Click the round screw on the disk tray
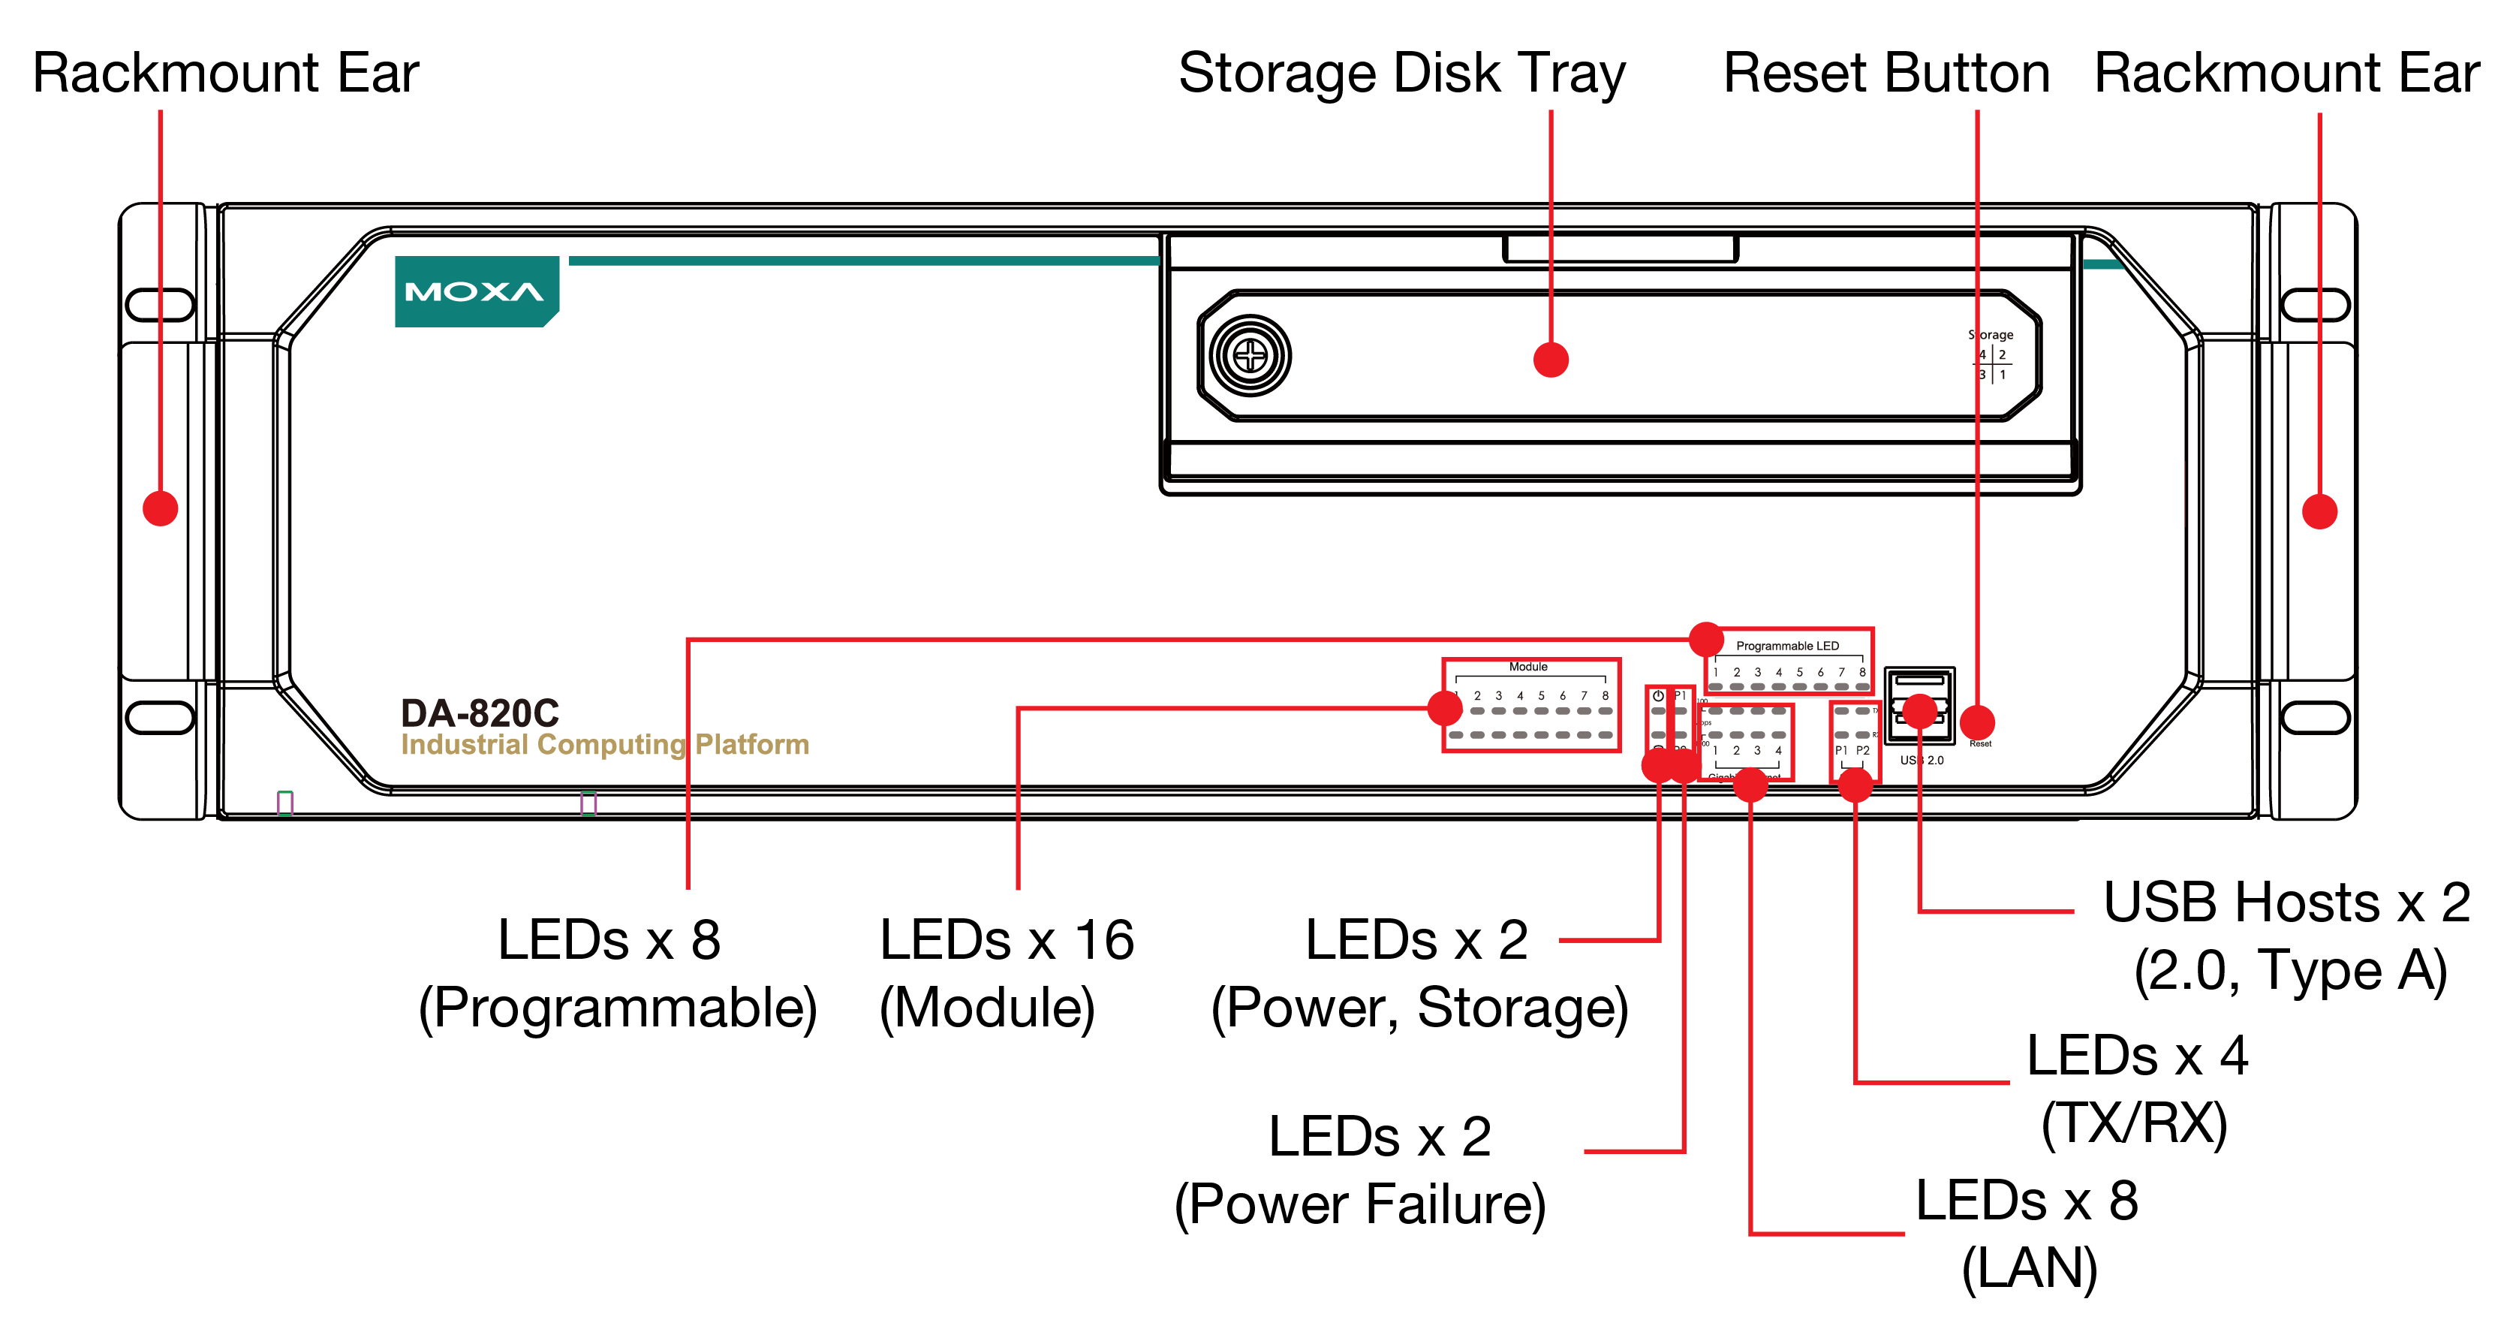[1250, 356]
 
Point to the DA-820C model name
[480, 713]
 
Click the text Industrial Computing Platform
[605, 746]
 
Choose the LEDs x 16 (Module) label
[1006, 973]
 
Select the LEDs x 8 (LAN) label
[2027, 1234]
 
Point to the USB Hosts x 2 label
[2288, 935]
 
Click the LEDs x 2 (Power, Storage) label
[1419, 973]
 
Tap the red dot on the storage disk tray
[1550, 359]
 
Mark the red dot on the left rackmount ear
[160, 508]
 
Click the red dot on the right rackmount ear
[2319, 511]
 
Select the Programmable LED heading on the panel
[1787, 646]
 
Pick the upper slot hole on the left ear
[160, 304]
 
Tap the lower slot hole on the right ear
[2315, 716]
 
